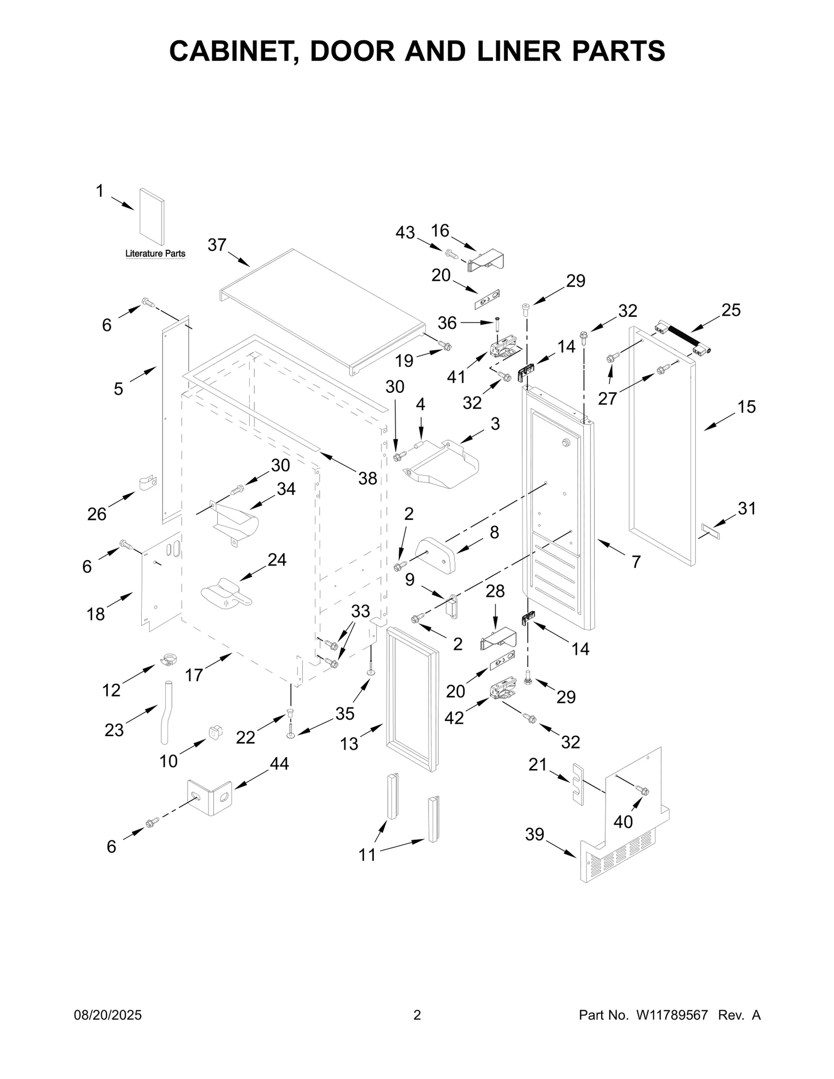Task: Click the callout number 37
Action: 217,244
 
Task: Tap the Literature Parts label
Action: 155,254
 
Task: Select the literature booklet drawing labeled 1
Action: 152,217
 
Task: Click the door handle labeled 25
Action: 682,338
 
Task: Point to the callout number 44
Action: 279,764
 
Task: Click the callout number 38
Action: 367,478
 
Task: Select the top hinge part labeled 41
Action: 504,347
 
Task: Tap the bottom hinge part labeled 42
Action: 503,690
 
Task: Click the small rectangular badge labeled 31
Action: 710,531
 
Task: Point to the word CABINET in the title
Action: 233,51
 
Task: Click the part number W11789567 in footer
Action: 671,1015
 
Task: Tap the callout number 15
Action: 746,407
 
